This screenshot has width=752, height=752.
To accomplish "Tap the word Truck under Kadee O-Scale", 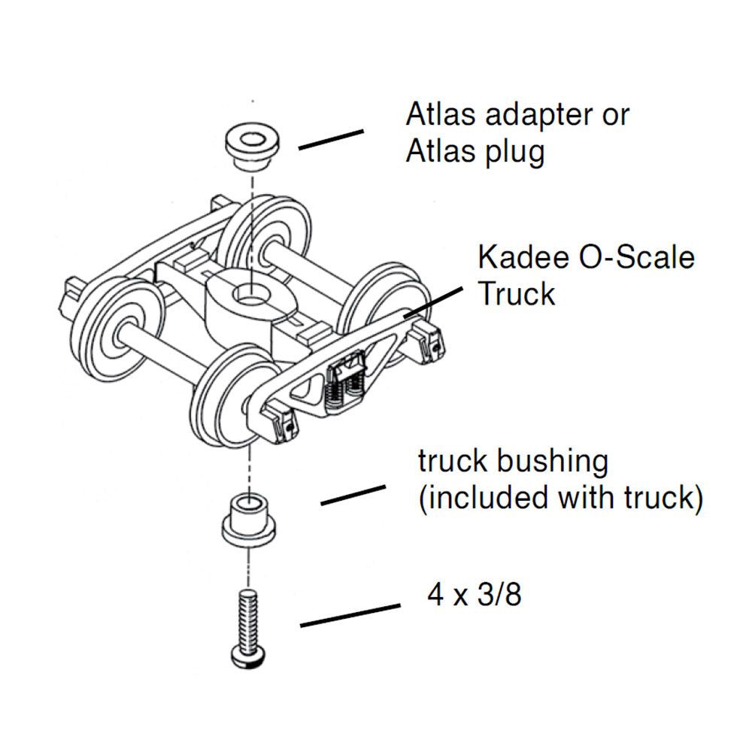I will click(517, 294).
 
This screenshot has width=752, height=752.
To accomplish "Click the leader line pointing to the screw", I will click(350, 615).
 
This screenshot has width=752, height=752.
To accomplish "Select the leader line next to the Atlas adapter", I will click(331, 140).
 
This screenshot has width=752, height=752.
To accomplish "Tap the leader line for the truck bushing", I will click(353, 496).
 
